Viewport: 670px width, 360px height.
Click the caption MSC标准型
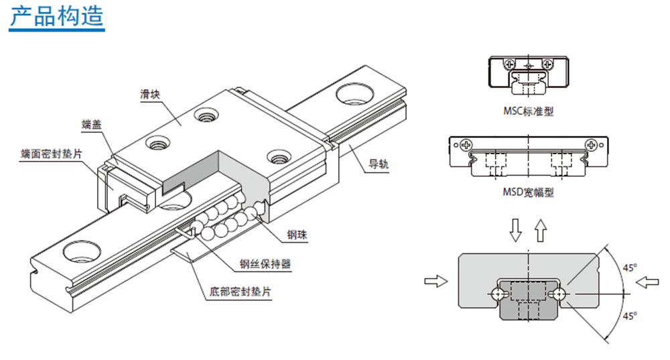coord(529,111)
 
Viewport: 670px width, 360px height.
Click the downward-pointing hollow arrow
coord(515,230)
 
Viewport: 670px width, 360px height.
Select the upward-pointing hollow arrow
coord(541,229)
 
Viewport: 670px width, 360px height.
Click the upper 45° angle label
coord(629,267)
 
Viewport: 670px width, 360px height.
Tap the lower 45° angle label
coord(629,315)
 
